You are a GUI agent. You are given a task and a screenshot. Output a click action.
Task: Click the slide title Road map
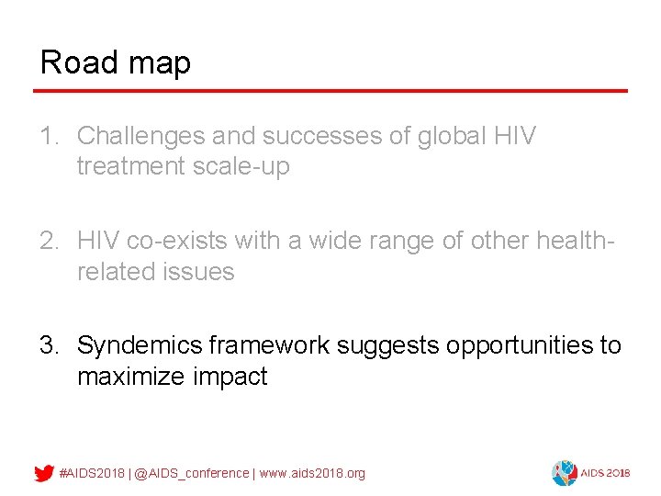coord(116,62)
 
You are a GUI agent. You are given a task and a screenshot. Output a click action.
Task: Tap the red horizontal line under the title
coord(330,91)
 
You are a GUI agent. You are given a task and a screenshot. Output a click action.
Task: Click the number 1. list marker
coord(50,137)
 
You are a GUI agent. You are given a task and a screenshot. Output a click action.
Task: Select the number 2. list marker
coord(50,241)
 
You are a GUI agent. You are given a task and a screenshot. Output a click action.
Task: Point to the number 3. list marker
coord(50,345)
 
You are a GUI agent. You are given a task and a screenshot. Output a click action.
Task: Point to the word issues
coord(208,272)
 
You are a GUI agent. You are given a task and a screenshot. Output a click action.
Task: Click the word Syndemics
coord(140,345)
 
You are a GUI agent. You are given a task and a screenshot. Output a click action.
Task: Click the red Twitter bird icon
coord(43,473)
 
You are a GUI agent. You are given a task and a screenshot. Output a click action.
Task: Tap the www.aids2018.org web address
coord(312,473)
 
